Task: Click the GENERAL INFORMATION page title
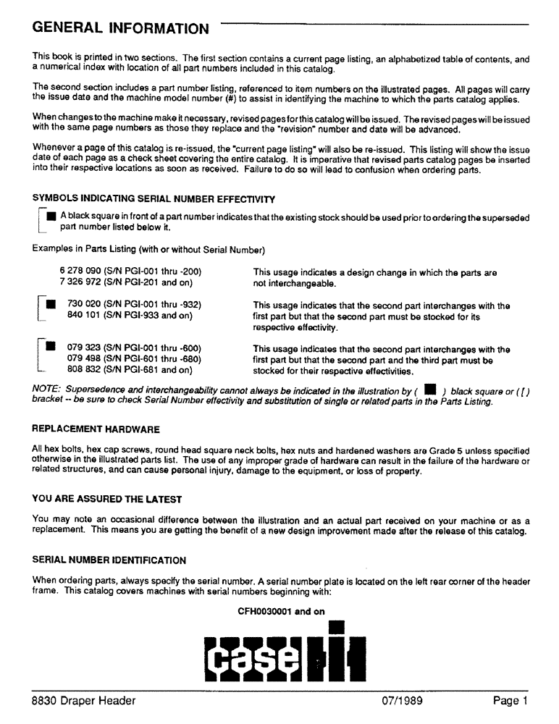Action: [x=120, y=28]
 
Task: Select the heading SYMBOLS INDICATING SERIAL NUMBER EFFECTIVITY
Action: [x=154, y=199]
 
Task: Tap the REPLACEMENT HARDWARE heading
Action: [x=96, y=429]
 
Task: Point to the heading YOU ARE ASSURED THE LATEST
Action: [x=107, y=499]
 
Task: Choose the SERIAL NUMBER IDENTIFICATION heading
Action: [x=109, y=560]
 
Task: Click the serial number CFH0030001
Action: [x=265, y=611]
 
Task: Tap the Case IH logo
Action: [x=279, y=654]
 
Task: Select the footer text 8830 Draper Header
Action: [x=84, y=700]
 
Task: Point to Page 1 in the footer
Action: [x=510, y=700]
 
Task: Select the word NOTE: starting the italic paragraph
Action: [x=46, y=389]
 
